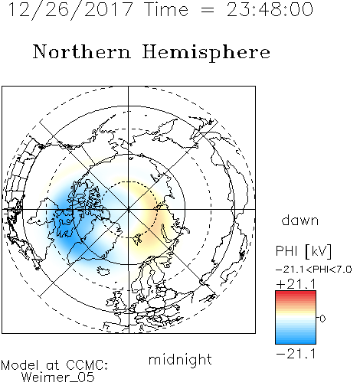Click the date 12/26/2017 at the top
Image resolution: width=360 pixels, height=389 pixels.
tap(70, 10)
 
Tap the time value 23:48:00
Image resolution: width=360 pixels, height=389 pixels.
tap(270, 9)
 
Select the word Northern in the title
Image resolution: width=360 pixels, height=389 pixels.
tap(82, 51)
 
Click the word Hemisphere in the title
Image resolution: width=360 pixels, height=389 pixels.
tap(206, 53)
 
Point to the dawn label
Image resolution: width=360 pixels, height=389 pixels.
tap(300, 220)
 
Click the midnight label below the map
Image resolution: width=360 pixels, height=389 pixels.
tap(180, 360)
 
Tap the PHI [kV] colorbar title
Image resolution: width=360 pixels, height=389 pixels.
tap(303, 251)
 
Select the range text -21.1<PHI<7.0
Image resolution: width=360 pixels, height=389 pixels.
tap(314, 270)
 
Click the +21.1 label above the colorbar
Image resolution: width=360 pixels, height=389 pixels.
tap(296, 284)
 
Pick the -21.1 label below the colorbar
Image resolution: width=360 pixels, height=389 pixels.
tap(296, 354)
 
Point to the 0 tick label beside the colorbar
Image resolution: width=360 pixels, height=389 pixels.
tap(322, 319)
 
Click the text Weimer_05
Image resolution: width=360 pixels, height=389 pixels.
tap(58, 378)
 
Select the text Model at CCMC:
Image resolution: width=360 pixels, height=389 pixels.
tap(54, 365)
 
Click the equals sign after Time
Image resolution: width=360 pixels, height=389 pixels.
tap(208, 11)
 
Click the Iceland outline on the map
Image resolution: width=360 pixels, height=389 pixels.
tap(103, 271)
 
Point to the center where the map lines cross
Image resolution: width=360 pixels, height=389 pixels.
tap(129, 209)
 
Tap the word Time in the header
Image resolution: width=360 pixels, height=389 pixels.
tap(166, 9)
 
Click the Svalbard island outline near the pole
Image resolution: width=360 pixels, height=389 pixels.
tap(138, 239)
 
